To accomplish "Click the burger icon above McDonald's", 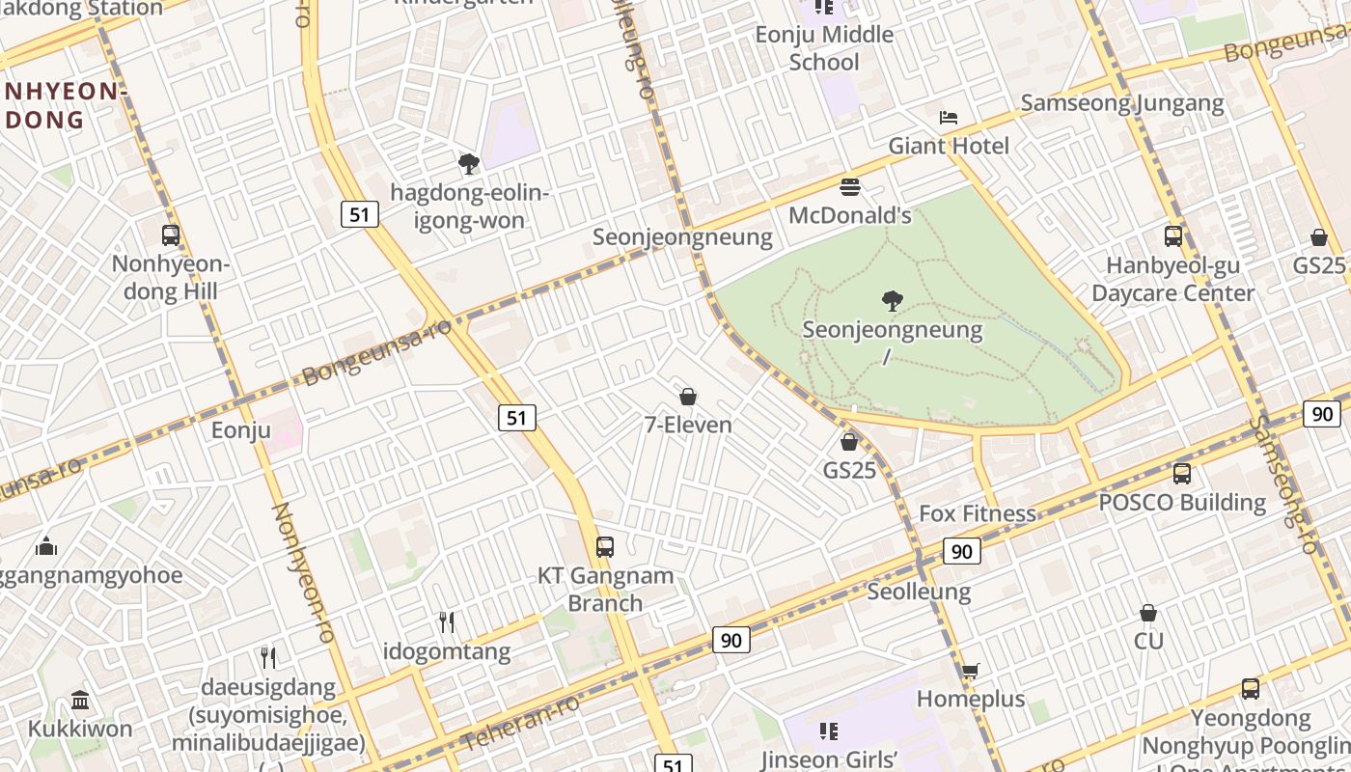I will tap(850, 186).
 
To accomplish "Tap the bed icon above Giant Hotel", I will tap(949, 118).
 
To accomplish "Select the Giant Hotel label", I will tap(949, 146).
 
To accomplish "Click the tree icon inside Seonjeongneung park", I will tap(893, 301).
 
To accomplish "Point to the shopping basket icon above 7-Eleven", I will tap(688, 397).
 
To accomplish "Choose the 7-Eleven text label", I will tap(688, 425).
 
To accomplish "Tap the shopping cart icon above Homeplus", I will tap(970, 671).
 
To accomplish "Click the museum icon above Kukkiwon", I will tap(80, 700).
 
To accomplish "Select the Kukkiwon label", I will tap(80, 729).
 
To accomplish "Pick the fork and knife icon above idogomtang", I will tap(447, 622).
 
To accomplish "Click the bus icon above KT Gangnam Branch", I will tap(605, 547).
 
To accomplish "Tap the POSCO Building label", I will tap(1182, 503).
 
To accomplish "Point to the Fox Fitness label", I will tap(978, 513).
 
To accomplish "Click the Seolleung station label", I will tap(919, 591).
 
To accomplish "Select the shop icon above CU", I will tap(1148, 613).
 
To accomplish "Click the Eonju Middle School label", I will tap(824, 48).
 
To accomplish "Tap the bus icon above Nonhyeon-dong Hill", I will tap(171, 234).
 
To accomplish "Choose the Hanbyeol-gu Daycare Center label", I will tap(1172, 279).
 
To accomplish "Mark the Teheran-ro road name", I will tap(521, 722).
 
